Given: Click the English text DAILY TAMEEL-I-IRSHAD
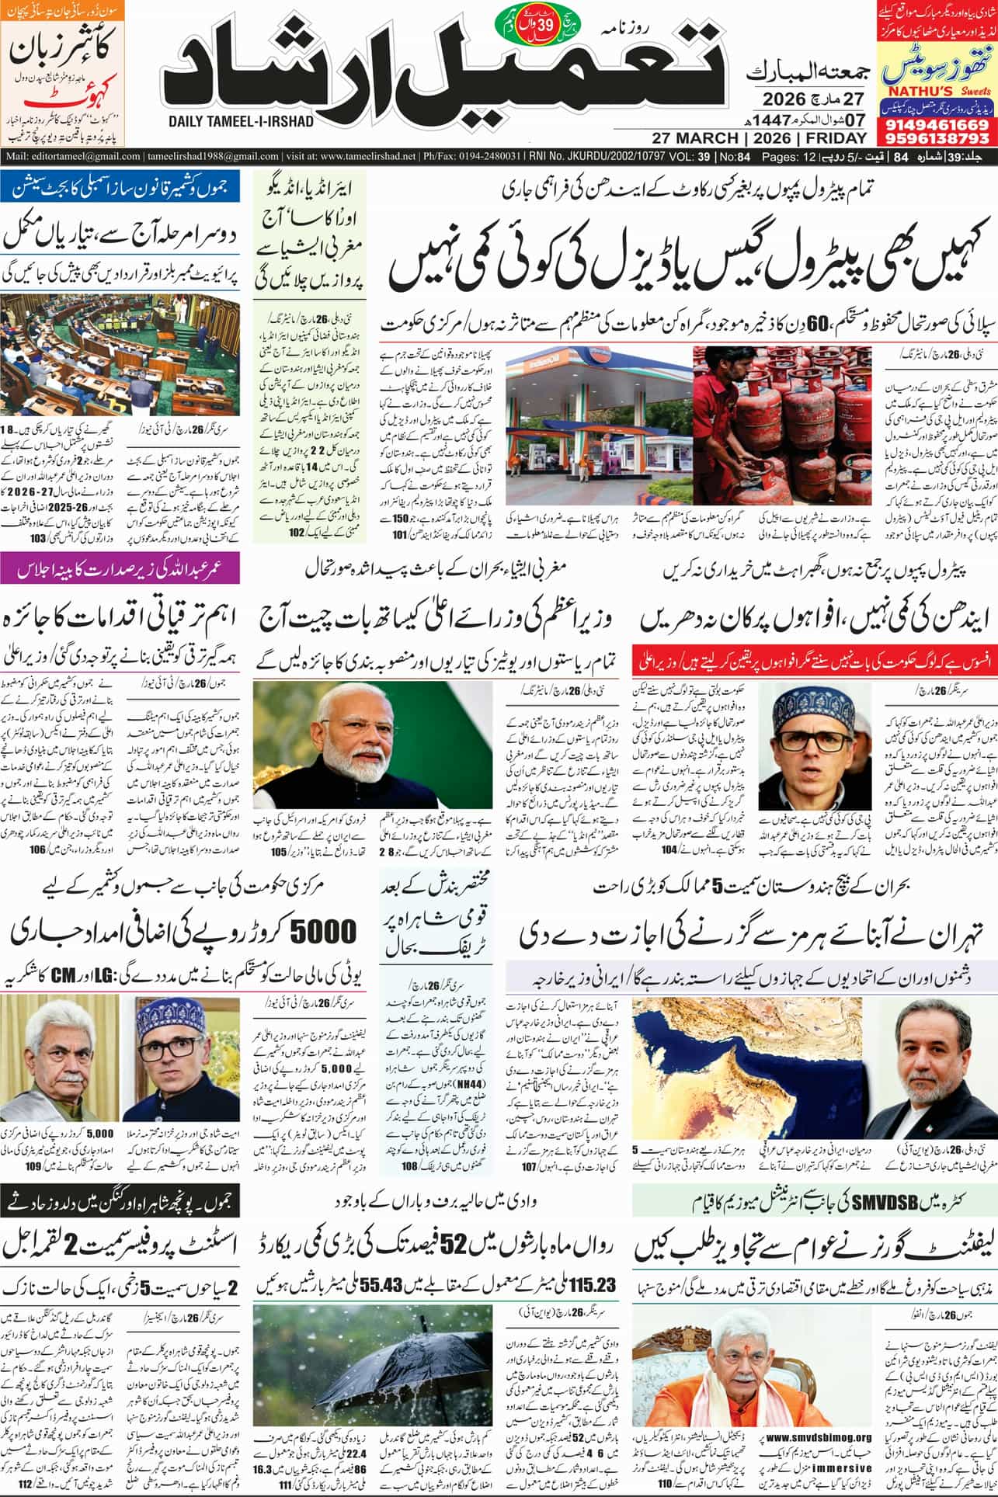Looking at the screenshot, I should [240, 122].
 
